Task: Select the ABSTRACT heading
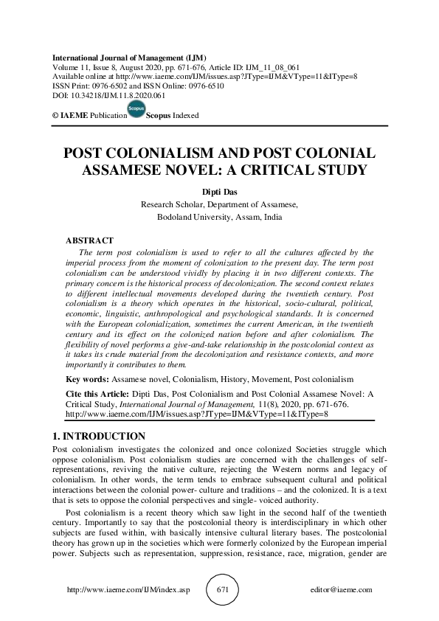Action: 89,240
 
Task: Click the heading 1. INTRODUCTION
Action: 95,437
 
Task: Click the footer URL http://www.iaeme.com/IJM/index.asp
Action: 123,590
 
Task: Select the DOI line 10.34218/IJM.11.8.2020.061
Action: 108,96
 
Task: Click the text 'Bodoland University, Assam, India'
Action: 219,218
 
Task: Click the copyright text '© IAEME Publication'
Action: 84,116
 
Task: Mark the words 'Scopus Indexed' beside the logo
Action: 172,116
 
